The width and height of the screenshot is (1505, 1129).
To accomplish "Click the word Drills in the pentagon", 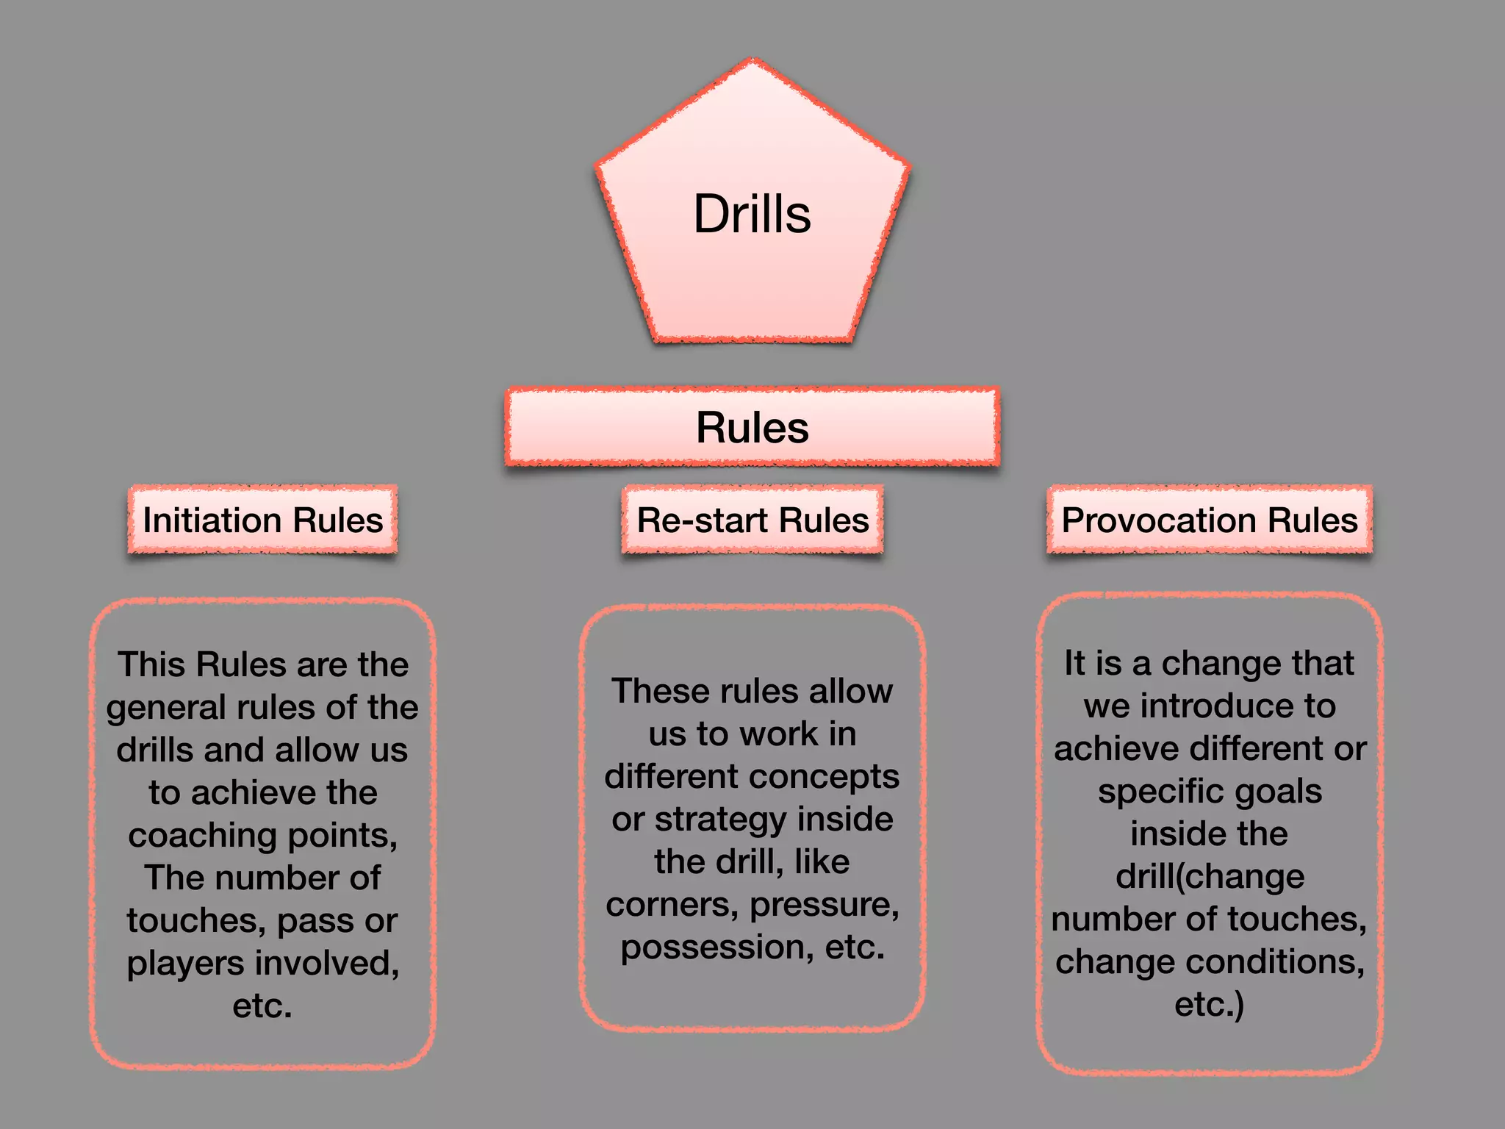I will click(x=752, y=215).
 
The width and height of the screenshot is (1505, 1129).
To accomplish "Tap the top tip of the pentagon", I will click(x=752, y=62).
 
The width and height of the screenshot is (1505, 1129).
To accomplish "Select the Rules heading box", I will click(x=752, y=427).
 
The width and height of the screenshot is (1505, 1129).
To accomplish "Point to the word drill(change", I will click(x=1210, y=877).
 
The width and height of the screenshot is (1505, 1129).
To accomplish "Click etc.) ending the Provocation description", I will click(x=1210, y=1005).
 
